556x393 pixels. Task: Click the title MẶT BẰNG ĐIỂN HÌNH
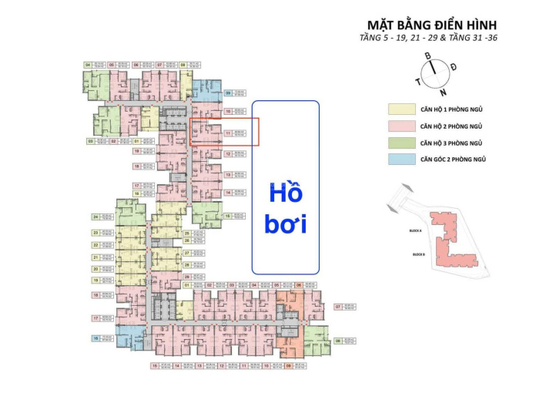tap(429, 23)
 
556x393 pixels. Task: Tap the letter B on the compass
tap(427, 55)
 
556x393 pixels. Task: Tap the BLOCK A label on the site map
tap(418, 230)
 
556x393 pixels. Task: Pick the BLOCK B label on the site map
tap(419, 254)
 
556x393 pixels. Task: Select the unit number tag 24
tap(95, 218)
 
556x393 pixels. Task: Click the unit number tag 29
tap(187, 276)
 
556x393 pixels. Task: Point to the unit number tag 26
tap(187, 240)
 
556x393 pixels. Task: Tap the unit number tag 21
tap(95, 257)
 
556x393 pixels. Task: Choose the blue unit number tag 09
tap(228, 93)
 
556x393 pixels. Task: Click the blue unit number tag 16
tap(95, 338)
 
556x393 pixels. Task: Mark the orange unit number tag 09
tap(289, 366)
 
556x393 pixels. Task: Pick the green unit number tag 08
tap(337, 340)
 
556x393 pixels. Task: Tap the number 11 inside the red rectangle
tap(228, 133)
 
